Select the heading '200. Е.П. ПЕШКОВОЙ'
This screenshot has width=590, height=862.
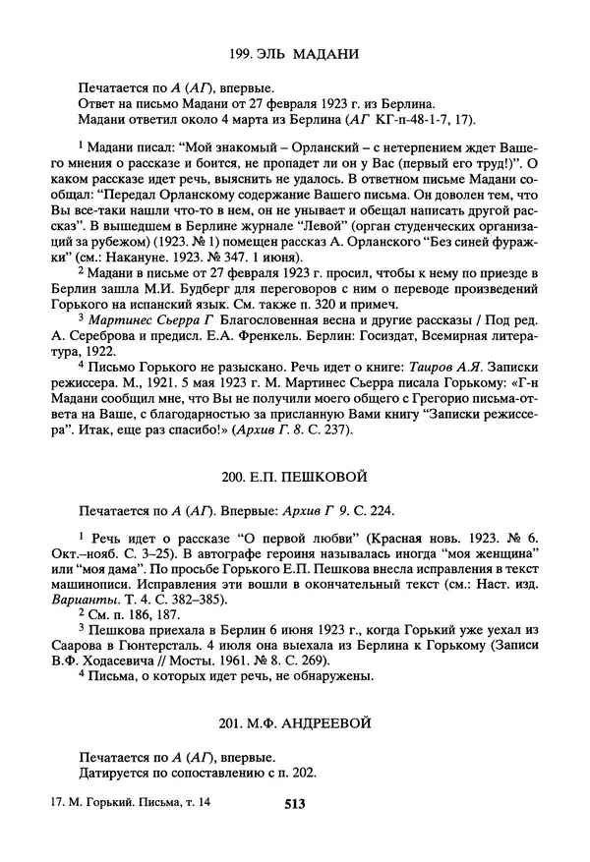point(295,477)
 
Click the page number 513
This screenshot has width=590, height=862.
point(295,803)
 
